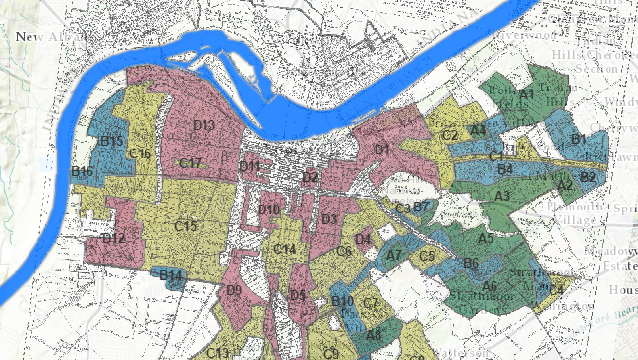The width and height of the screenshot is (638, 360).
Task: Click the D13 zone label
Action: point(203,125)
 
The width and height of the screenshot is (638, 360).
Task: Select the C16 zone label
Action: point(140,153)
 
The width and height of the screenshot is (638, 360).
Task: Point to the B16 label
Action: point(82,172)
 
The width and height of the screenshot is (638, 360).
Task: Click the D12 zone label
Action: point(113,238)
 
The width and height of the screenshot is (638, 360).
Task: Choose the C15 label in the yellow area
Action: point(186,226)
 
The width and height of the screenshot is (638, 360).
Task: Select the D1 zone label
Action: point(382,150)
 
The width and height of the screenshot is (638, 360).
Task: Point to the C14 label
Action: point(285,249)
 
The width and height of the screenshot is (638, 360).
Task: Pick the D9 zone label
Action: point(233,290)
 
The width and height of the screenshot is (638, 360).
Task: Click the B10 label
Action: point(342,301)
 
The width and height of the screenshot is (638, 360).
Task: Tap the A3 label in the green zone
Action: point(502,197)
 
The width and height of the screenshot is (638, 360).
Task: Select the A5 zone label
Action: point(486,238)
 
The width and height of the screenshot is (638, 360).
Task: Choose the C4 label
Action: point(555,289)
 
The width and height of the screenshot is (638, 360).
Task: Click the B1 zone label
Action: point(578,140)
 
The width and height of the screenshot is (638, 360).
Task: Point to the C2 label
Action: point(450,135)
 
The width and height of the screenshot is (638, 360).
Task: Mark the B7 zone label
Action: point(421,207)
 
